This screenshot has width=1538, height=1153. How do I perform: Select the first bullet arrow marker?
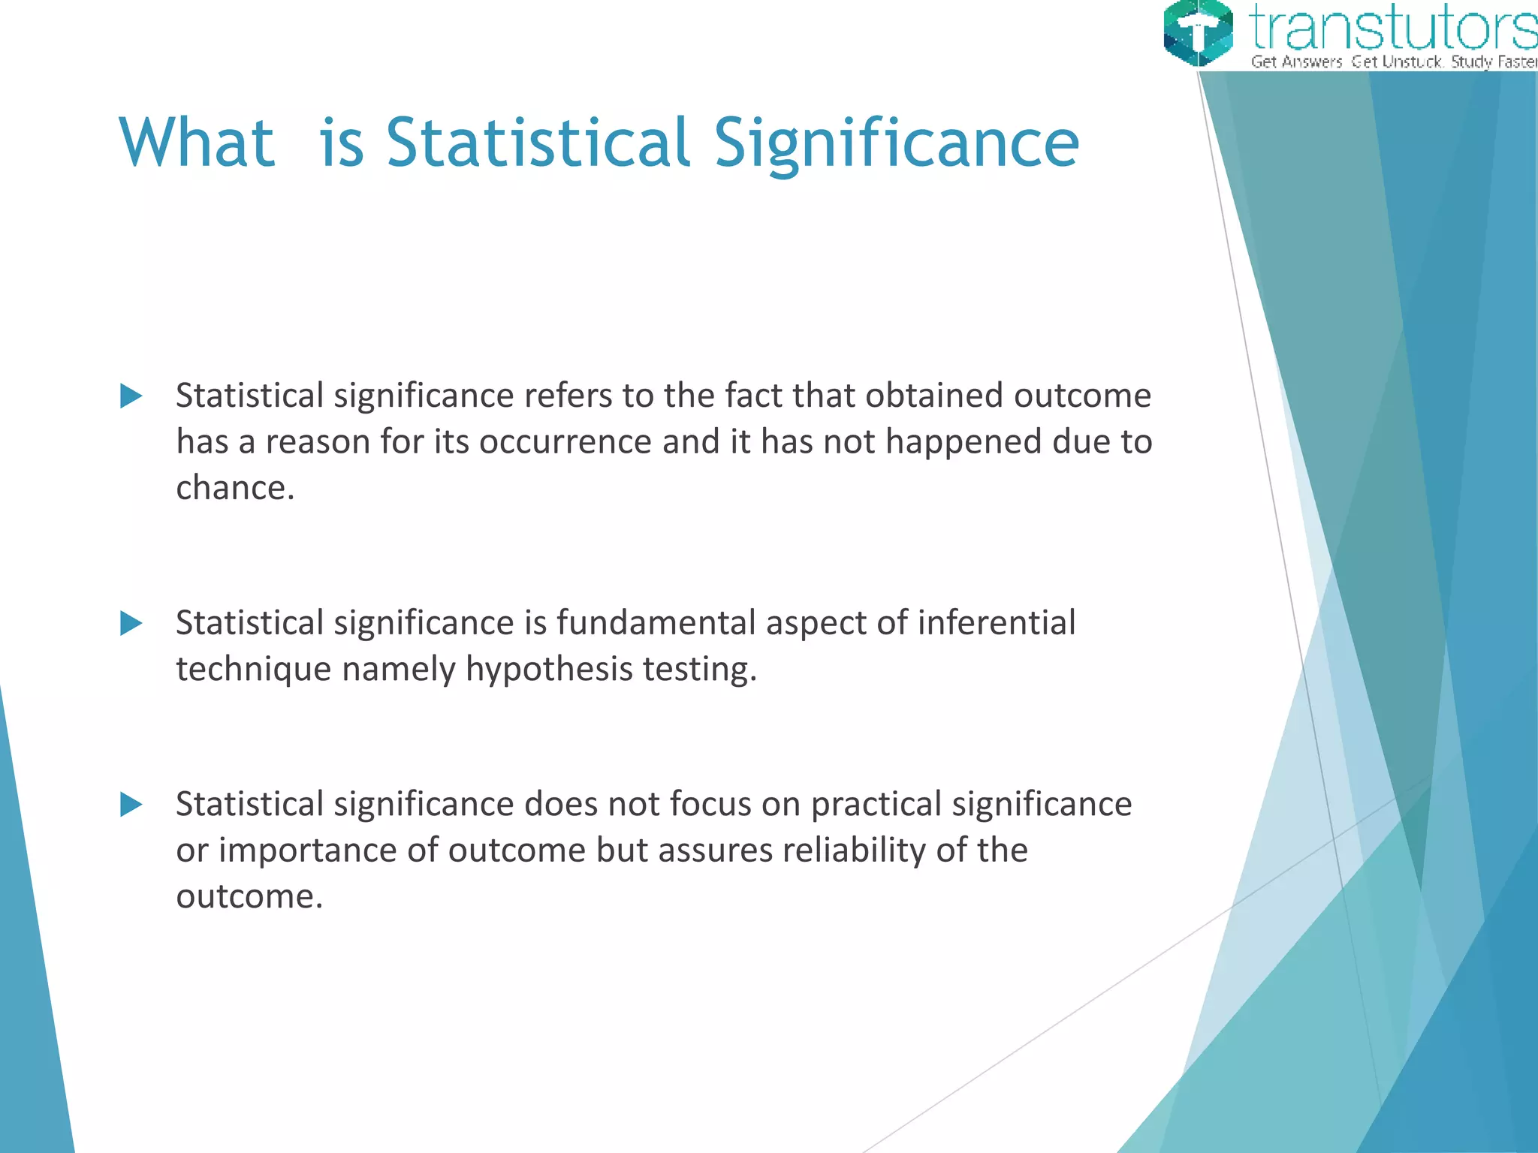(x=131, y=396)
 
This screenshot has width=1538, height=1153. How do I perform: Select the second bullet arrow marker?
(x=131, y=623)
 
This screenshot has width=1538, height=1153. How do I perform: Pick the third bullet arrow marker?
(x=131, y=805)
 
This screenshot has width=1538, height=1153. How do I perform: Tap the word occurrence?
(x=565, y=442)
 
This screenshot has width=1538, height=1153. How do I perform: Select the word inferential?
(x=997, y=623)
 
